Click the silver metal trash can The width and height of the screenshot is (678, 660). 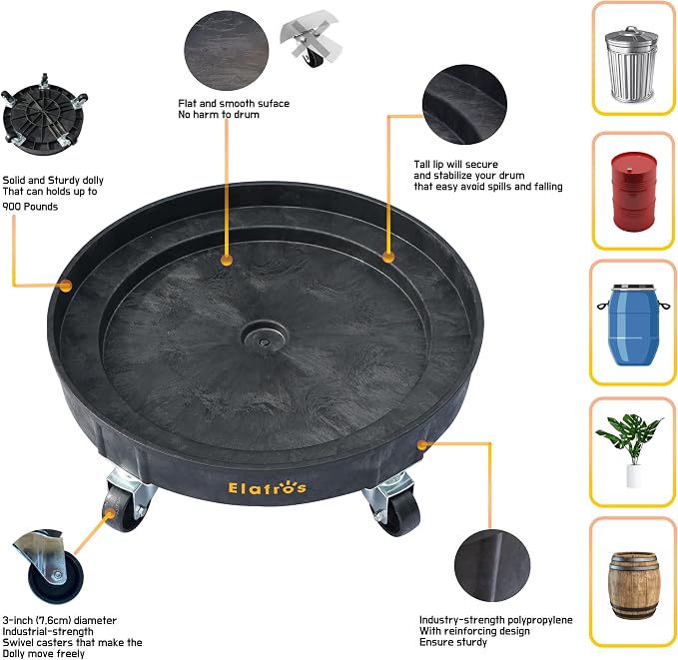point(632,64)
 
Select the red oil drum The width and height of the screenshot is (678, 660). point(634,191)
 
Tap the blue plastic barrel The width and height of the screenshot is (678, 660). point(634,325)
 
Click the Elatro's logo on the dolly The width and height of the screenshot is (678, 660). point(268,487)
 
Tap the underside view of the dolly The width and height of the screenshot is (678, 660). point(43,116)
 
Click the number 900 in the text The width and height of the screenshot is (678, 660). point(12,207)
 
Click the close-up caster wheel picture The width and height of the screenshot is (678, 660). point(49,566)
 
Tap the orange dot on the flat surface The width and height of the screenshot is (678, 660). point(226,260)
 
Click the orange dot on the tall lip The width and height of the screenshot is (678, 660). point(388,257)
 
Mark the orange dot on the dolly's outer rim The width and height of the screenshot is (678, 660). point(65,286)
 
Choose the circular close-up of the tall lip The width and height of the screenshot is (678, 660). point(465,104)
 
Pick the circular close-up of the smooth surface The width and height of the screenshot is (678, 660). point(226,51)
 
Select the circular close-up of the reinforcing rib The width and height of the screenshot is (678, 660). point(492,565)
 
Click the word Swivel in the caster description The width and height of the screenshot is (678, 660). point(17,642)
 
